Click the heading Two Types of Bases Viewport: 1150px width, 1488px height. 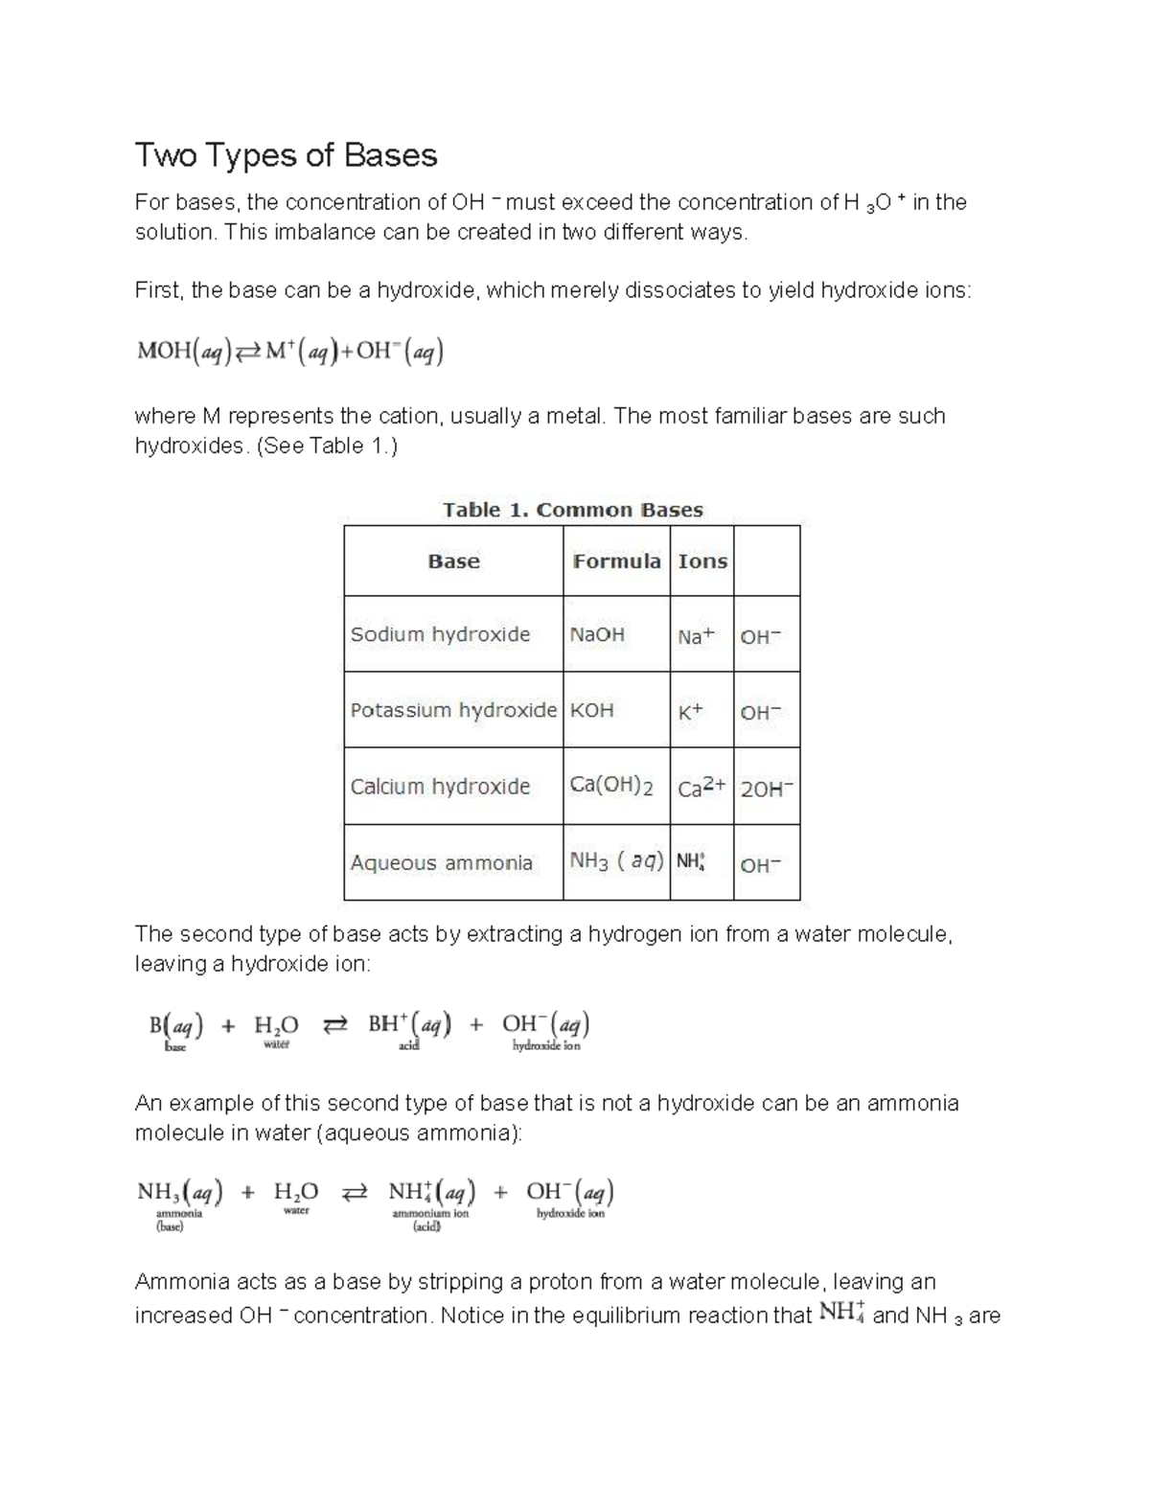tap(286, 155)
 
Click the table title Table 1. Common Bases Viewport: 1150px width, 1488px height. tap(572, 510)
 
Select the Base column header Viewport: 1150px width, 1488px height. tap(453, 561)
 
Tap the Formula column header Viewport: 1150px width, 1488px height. tap(616, 561)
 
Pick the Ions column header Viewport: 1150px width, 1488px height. tap(702, 561)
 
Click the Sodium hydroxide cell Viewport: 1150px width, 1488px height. tap(440, 634)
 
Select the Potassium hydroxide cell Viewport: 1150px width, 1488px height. tap(453, 710)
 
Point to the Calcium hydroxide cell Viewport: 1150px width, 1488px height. tap(440, 787)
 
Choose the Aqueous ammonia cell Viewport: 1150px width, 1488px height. tap(441, 862)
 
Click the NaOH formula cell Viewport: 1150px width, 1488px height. tap(597, 634)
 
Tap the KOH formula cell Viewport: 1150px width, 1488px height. tap(591, 710)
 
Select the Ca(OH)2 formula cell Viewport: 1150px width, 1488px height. tap(611, 786)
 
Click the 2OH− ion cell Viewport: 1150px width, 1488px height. tap(767, 789)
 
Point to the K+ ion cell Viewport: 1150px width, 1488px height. tap(690, 712)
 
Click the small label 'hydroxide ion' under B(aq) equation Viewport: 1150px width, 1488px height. tap(546, 1046)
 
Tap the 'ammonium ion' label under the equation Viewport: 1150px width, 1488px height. tap(430, 1213)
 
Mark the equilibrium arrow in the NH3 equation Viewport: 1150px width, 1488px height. tap(354, 1194)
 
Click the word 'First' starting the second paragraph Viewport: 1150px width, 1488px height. tap(157, 290)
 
